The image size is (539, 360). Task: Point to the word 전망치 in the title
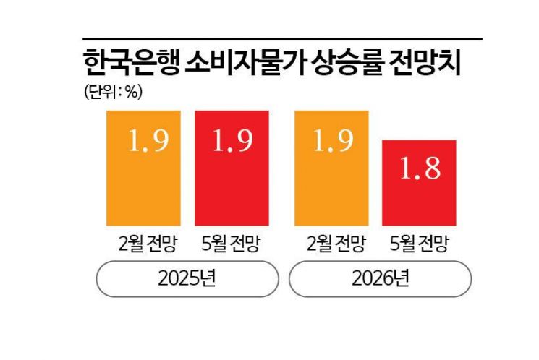tap(426, 63)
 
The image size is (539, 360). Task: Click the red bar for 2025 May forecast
tap(232, 168)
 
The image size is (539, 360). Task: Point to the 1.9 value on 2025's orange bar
tap(148, 142)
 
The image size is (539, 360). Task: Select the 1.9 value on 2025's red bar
tap(232, 142)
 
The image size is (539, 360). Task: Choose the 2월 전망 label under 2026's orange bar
tap(330, 244)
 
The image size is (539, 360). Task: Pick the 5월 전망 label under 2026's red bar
tap(417, 244)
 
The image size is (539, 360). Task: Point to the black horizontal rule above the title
tap(282, 38)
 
